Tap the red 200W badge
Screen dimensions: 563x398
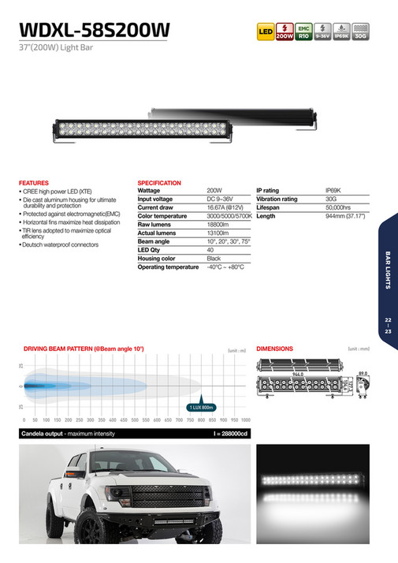284,32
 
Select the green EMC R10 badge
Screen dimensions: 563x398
302,32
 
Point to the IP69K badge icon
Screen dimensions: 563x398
340,32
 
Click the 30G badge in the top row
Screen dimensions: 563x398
360,32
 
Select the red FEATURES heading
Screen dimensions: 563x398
33,183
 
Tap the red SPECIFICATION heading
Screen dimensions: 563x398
159,183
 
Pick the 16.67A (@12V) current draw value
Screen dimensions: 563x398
224,207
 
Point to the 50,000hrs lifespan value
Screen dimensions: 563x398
340,207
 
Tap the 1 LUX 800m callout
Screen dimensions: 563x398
201,407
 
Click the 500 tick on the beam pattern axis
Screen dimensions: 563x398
135,421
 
